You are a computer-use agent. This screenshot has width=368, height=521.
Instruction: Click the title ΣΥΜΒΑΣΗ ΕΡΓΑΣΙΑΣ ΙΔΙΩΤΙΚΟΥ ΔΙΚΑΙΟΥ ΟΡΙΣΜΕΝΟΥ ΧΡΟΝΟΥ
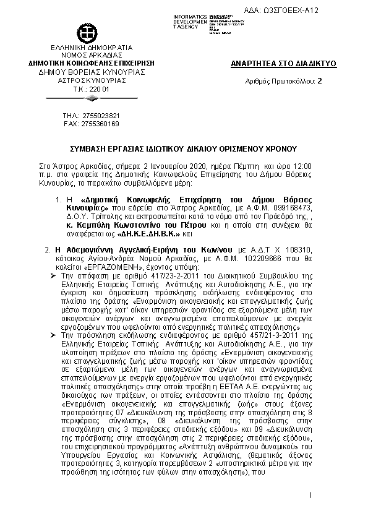pyautogui.click(x=183, y=149)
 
